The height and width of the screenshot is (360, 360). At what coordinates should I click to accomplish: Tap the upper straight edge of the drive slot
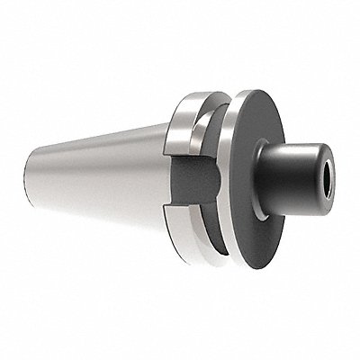point(184,154)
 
